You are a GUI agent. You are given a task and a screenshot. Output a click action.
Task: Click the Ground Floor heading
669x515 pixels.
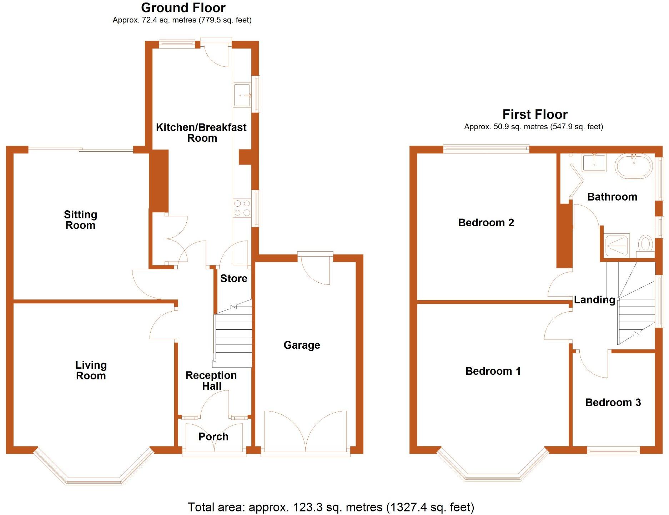click(x=183, y=7)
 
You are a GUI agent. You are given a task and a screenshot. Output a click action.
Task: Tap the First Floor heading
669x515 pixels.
click(x=535, y=114)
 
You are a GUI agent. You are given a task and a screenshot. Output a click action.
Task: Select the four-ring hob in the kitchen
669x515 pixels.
click(x=242, y=208)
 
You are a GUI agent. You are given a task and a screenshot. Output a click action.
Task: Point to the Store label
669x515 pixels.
click(x=233, y=278)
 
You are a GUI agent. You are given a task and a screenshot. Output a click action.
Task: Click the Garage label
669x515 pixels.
click(x=302, y=345)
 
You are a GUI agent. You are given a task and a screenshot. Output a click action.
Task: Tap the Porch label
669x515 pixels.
click(x=213, y=436)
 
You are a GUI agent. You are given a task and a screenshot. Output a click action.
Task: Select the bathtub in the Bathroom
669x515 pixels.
click(x=634, y=166)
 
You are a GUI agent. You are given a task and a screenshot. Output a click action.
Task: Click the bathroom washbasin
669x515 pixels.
click(x=594, y=163)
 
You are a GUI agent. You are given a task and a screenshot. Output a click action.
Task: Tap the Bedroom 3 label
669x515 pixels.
click(x=613, y=403)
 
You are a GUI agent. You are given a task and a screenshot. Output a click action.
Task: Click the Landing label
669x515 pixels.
click(x=594, y=300)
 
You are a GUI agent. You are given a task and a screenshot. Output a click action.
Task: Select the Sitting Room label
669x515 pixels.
click(x=80, y=220)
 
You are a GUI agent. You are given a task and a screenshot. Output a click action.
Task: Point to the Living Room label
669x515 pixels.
click(x=91, y=370)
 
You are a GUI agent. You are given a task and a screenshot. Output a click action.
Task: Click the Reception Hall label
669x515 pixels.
click(x=211, y=380)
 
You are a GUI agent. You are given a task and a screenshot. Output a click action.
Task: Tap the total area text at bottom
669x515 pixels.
click(x=331, y=507)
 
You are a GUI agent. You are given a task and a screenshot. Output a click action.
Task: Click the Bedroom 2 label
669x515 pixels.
click(x=486, y=223)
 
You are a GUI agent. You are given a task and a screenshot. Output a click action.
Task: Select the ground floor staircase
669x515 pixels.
click(x=233, y=335)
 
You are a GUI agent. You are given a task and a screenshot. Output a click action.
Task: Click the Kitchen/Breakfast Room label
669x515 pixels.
click(x=201, y=132)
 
